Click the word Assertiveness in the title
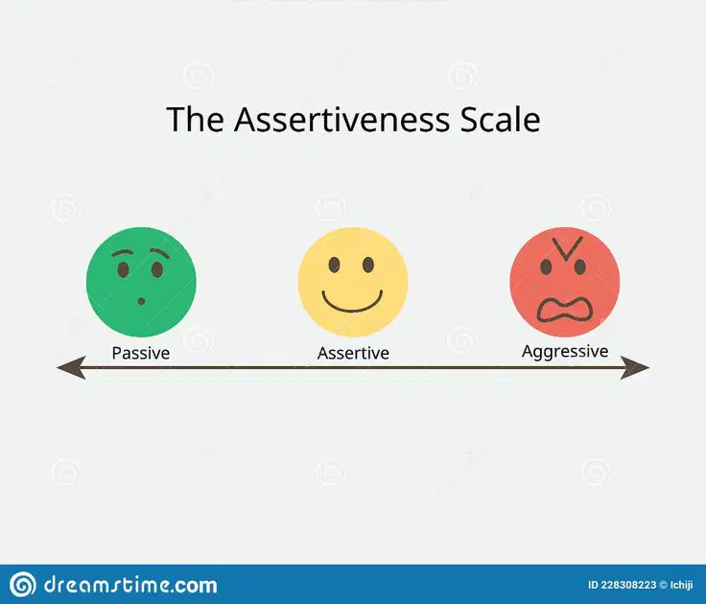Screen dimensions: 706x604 coord(341,119)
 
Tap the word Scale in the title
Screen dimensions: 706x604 coord(500,119)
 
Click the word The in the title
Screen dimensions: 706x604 coord(195,119)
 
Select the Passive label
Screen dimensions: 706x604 coord(141,353)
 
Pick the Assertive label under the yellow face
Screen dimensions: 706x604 coord(353,353)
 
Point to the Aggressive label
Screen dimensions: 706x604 coord(565,352)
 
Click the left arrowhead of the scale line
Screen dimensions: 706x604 coord(72,367)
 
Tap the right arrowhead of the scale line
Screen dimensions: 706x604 coord(634,367)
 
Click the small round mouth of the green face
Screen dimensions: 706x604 coord(141,301)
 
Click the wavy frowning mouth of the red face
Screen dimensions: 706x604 coord(565,311)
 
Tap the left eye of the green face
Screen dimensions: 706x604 coord(123,270)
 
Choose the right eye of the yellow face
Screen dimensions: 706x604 coord(368,265)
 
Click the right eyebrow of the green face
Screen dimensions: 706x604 coord(159,252)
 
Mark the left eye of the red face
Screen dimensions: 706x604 coord(546,267)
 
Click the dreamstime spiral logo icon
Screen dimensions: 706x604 coord(22,585)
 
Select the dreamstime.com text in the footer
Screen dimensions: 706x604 coord(130,585)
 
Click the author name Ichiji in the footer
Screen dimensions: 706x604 coord(682,585)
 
